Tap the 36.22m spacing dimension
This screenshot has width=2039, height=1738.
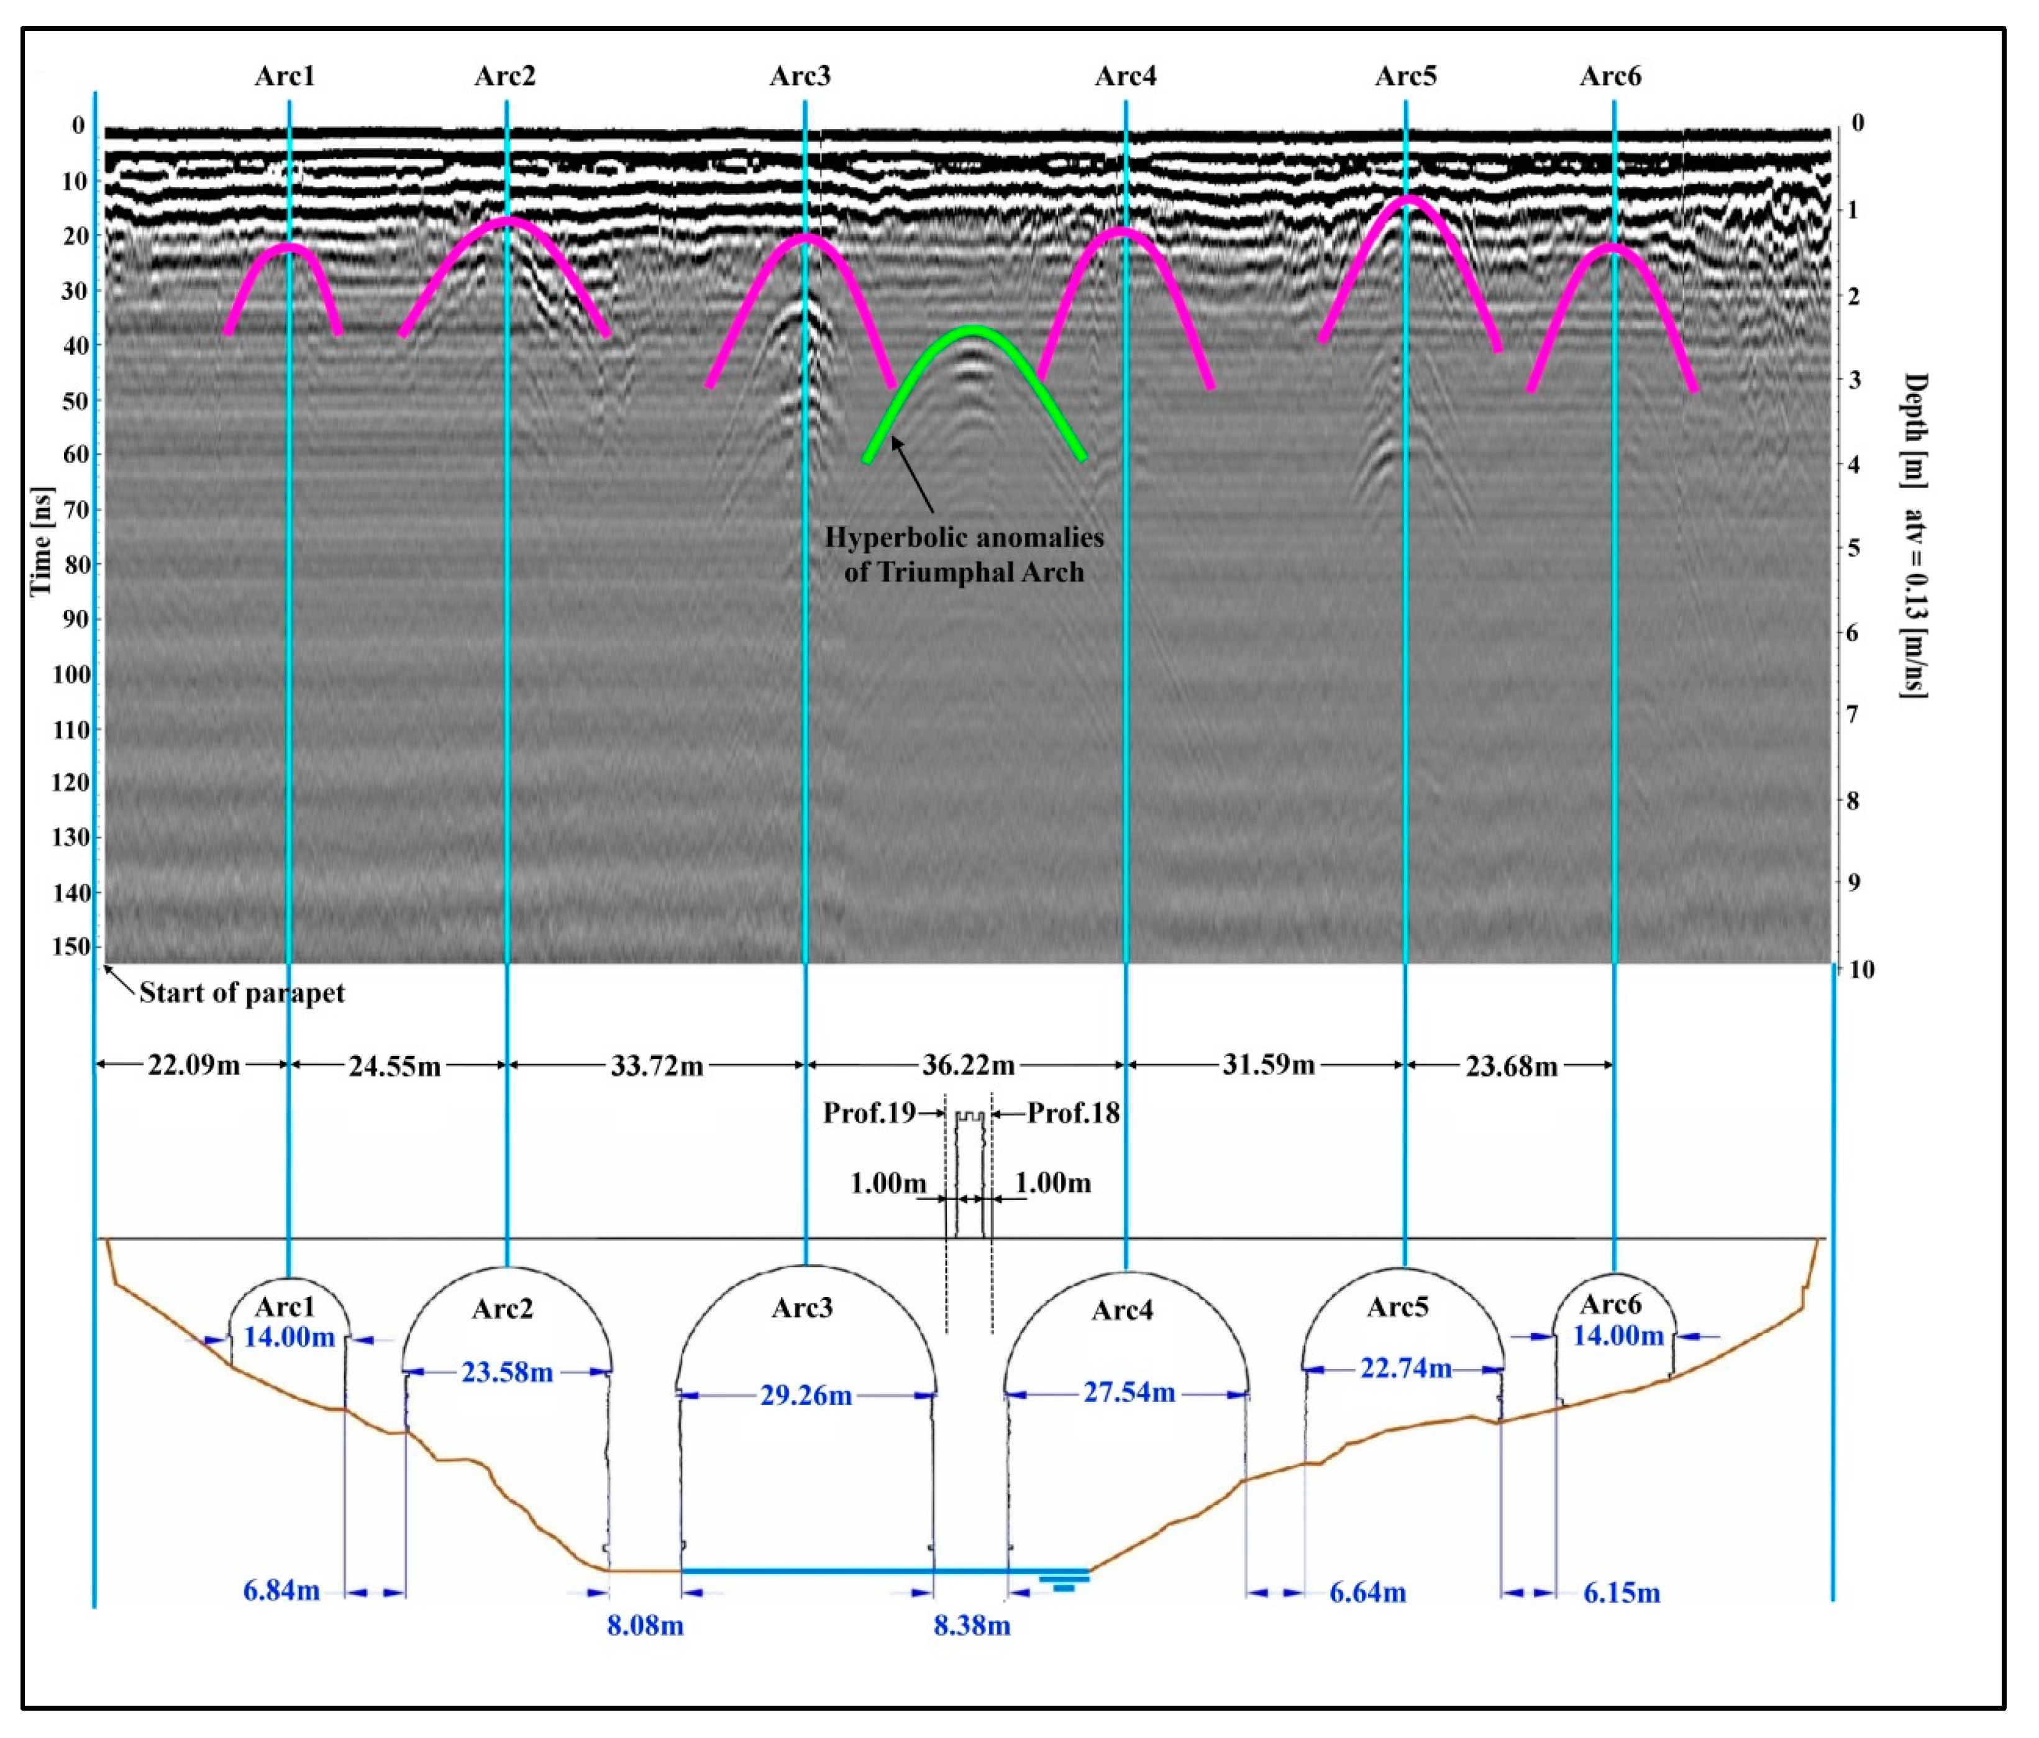(x=967, y=1065)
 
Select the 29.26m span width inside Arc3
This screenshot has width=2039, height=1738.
(x=805, y=1396)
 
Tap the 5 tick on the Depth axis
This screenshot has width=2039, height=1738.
(x=1855, y=547)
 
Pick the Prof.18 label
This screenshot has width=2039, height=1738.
(x=1073, y=1113)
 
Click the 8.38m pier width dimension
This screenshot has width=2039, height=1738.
(x=971, y=1625)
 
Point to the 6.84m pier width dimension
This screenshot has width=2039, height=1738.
(x=281, y=1590)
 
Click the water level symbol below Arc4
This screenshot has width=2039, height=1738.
(x=1064, y=1581)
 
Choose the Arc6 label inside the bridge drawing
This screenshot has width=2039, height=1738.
(x=1610, y=1304)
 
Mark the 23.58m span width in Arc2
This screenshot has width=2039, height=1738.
(x=507, y=1372)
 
